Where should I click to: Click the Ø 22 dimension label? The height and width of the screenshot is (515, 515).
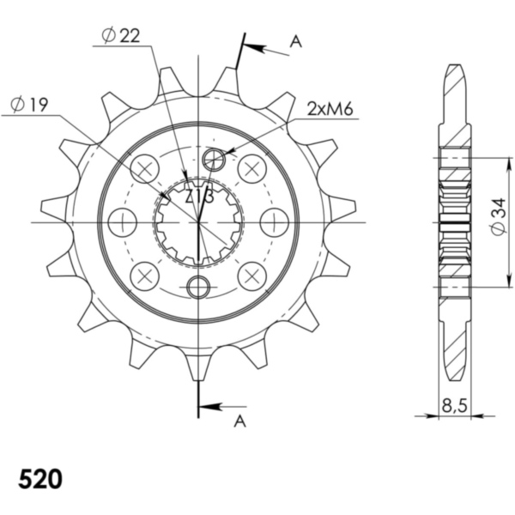pyautogui.click(x=120, y=35)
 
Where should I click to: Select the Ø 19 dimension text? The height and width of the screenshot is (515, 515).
pyautogui.click(x=29, y=105)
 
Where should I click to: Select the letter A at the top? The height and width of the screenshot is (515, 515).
pyautogui.click(x=294, y=40)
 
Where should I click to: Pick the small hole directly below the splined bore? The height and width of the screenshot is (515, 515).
pyautogui.click(x=198, y=287)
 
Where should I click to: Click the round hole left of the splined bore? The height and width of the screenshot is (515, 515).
pyautogui.click(x=123, y=222)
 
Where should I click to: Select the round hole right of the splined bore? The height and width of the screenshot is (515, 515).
pyautogui.click(x=274, y=222)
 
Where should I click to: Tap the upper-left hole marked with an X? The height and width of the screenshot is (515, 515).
pyautogui.click(x=145, y=168)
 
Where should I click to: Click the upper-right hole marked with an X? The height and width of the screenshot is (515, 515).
pyautogui.click(x=251, y=168)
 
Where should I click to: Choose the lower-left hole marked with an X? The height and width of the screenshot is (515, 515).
pyautogui.click(x=145, y=276)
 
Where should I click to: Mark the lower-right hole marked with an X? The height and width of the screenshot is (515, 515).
pyautogui.click(x=251, y=276)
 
